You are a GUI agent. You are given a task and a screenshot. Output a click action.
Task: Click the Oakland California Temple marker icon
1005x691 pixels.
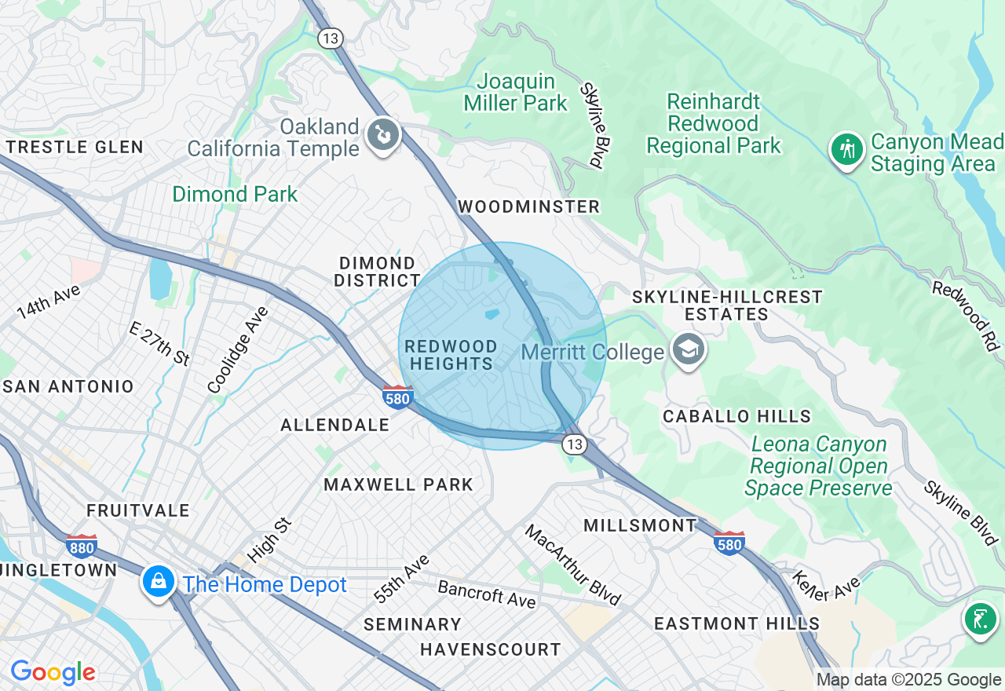(x=382, y=136)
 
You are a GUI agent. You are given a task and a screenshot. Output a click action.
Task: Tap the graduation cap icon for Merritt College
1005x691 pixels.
(x=688, y=350)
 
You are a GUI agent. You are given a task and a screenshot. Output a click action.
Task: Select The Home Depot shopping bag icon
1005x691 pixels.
(x=159, y=583)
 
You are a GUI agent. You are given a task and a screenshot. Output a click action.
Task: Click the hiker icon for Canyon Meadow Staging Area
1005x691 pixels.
(x=847, y=149)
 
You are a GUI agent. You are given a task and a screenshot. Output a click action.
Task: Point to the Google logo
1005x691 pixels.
(x=53, y=672)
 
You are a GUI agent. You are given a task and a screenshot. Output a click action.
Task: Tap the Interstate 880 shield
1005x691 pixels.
(x=82, y=545)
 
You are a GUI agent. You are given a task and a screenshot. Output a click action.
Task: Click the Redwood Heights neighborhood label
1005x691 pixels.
(x=451, y=355)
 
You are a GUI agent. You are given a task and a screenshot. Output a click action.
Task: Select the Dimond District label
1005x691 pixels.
(x=378, y=272)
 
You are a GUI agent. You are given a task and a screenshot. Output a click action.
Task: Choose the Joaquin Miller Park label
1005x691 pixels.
(x=516, y=92)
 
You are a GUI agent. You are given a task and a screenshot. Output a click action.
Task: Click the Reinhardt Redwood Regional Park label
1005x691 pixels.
(x=714, y=123)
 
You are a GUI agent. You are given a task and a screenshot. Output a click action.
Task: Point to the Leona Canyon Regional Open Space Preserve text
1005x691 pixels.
(x=818, y=466)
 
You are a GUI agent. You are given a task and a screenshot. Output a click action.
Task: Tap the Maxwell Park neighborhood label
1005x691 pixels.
(x=399, y=484)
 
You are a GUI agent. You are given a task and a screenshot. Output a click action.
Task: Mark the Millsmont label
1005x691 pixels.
(x=641, y=525)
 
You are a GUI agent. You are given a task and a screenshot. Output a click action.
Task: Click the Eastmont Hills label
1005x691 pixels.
(x=737, y=623)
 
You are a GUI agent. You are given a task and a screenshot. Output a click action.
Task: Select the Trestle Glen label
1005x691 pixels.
(x=75, y=147)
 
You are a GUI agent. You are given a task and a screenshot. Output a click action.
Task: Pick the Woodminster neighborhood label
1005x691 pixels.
(x=528, y=207)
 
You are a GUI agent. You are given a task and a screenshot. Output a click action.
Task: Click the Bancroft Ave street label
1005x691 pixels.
(x=487, y=594)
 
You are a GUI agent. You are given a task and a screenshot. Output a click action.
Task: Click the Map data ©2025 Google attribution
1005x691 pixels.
(x=908, y=680)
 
